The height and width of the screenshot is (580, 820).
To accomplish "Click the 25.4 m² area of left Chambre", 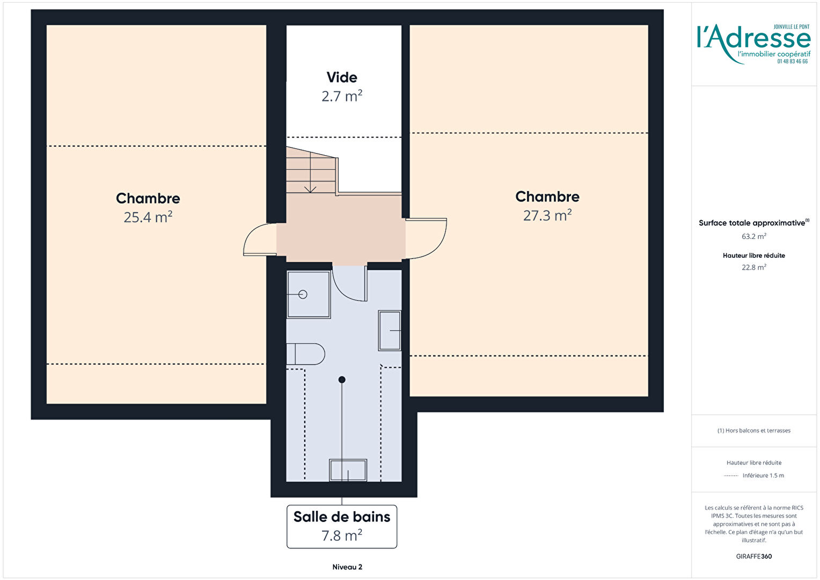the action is tap(148, 218).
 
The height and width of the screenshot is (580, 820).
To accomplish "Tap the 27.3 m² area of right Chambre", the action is tap(547, 215).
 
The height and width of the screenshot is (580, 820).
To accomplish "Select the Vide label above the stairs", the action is tap(342, 77).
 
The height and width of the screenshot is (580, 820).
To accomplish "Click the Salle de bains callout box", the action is tap(342, 526).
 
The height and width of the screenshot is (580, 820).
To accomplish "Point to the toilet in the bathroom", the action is tap(306, 354).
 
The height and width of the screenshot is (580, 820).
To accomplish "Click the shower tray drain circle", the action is tap(303, 294).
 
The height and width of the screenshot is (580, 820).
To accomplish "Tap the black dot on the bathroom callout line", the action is tap(342, 380).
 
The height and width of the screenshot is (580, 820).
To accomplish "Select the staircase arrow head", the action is tap(310, 189).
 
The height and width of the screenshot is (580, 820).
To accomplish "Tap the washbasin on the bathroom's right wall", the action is tap(390, 330).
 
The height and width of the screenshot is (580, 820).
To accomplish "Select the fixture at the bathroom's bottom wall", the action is tap(348, 470).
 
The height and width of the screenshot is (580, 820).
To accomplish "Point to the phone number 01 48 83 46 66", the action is tap(793, 62).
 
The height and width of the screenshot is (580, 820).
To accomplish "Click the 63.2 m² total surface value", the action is tap(754, 236).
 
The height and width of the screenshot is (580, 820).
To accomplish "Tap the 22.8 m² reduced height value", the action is tap(754, 267).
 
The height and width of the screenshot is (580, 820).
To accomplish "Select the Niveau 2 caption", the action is tap(347, 567).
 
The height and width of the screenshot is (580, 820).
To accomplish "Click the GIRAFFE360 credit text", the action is tap(754, 556).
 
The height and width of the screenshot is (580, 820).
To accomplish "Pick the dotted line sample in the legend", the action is tap(731, 476).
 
